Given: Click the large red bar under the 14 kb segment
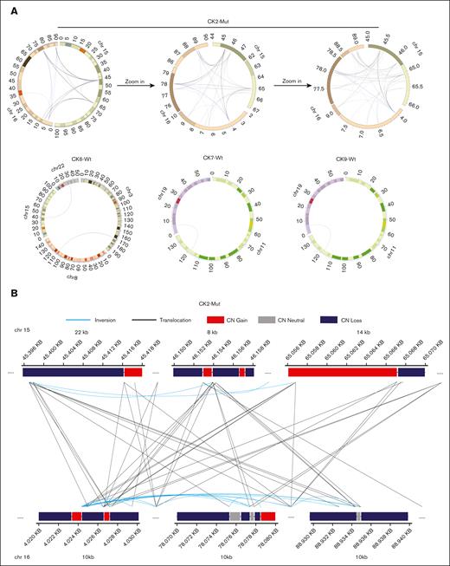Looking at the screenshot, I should click(342, 372).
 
